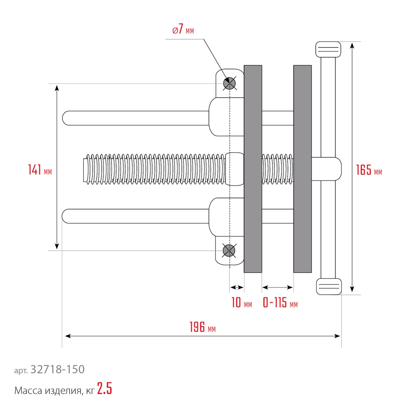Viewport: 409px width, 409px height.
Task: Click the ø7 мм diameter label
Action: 183,30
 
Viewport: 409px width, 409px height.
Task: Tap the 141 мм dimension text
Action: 40,170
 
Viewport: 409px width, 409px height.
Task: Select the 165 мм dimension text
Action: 369,170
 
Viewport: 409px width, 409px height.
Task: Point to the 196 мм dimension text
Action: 202,328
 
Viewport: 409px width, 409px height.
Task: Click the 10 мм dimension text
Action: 241,303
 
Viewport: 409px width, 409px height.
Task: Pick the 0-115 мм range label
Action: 280,303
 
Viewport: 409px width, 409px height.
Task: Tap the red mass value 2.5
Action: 105,389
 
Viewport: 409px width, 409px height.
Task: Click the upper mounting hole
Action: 229,83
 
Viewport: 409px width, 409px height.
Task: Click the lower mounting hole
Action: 229,250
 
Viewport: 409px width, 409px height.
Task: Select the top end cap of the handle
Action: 328,49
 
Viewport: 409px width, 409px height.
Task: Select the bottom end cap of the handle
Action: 328,286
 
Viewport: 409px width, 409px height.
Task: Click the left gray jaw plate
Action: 253,169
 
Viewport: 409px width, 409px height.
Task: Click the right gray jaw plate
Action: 302,169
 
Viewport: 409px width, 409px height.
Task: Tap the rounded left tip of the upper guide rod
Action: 66,118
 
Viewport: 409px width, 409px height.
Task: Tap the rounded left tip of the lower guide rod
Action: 66,216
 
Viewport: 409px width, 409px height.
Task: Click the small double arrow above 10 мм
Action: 237,286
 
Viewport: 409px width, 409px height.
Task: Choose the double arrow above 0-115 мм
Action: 277,286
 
